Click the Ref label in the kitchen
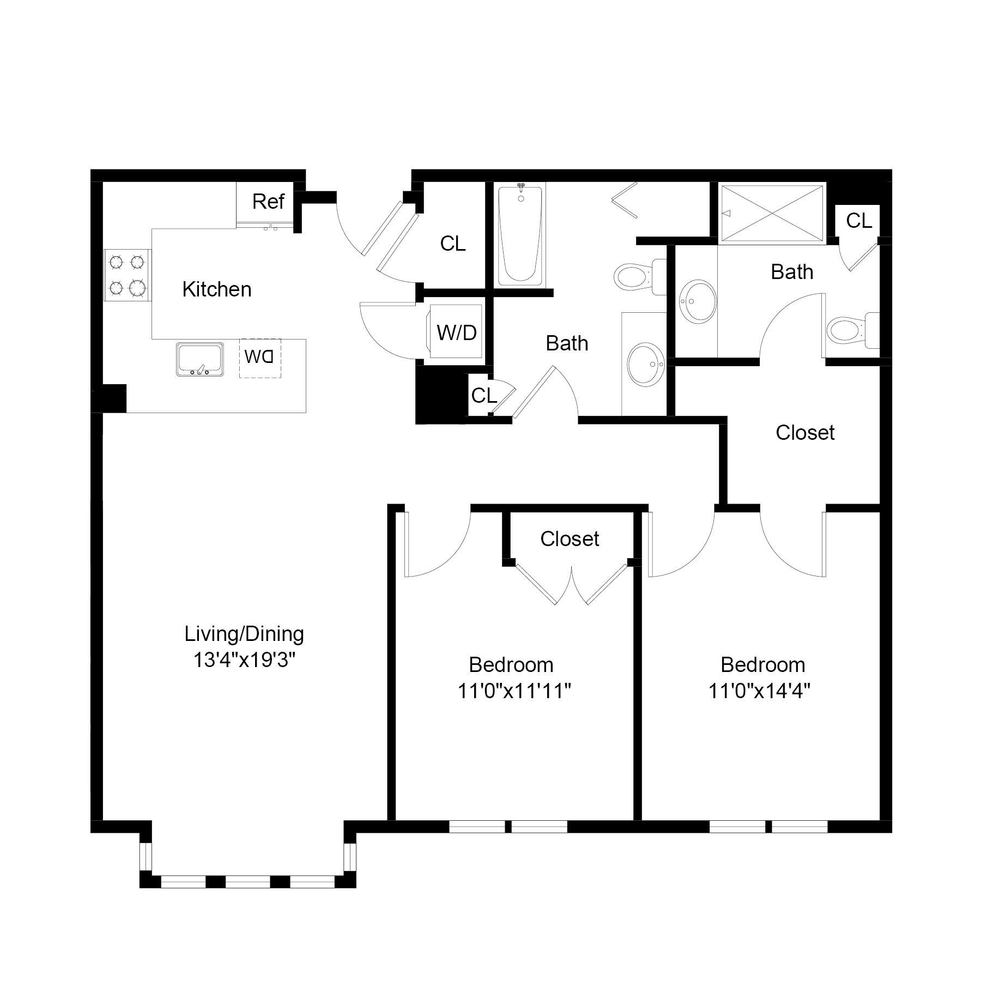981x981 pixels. [x=268, y=202]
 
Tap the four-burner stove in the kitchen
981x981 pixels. [x=127, y=275]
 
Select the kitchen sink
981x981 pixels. [x=200, y=359]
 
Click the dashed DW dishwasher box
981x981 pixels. [x=260, y=358]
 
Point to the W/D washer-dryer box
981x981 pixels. [x=456, y=332]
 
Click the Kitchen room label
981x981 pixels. [x=217, y=289]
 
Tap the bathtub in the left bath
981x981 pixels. [x=520, y=234]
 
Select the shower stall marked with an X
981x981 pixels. [x=772, y=213]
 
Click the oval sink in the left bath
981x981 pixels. [x=646, y=365]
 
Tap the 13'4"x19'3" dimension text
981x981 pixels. [x=244, y=661]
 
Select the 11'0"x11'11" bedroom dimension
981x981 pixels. [x=514, y=691]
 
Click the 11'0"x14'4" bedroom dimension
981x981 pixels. [x=759, y=691]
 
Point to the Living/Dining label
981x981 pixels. [x=244, y=634]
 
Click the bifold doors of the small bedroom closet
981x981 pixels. [x=571, y=586]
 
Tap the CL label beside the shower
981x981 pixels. [x=858, y=221]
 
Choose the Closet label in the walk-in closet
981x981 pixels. [x=805, y=433]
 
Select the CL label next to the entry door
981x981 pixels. [x=453, y=244]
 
